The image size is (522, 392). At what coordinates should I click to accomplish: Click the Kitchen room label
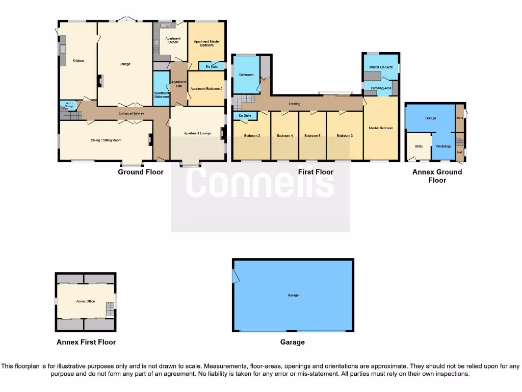point(78,61)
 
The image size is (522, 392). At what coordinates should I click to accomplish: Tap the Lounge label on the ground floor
point(125,64)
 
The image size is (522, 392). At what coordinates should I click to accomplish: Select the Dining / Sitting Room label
point(107,139)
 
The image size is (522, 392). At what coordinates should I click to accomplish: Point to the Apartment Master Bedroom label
point(206,43)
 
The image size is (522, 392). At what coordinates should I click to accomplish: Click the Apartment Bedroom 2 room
point(206,88)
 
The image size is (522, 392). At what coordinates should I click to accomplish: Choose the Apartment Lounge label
point(198,133)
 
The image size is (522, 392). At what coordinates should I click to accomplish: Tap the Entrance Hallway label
point(131,113)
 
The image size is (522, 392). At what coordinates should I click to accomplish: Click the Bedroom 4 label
point(284,136)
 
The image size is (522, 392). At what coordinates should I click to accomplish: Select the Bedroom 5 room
point(312,136)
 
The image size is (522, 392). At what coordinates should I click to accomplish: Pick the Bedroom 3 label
point(345,136)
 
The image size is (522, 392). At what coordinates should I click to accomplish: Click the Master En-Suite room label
point(381,67)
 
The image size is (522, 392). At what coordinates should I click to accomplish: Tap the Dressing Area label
point(381,88)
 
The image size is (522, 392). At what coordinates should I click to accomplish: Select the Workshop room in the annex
point(443,146)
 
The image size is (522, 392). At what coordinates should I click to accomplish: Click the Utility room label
point(419,146)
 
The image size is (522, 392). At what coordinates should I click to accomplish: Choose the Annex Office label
point(86,301)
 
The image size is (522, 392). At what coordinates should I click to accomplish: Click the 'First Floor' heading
point(316,172)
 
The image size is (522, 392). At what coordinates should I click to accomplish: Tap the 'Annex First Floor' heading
point(86,342)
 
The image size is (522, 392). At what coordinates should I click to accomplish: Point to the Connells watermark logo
point(260,182)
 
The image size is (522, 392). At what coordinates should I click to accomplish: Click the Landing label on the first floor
point(294,104)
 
